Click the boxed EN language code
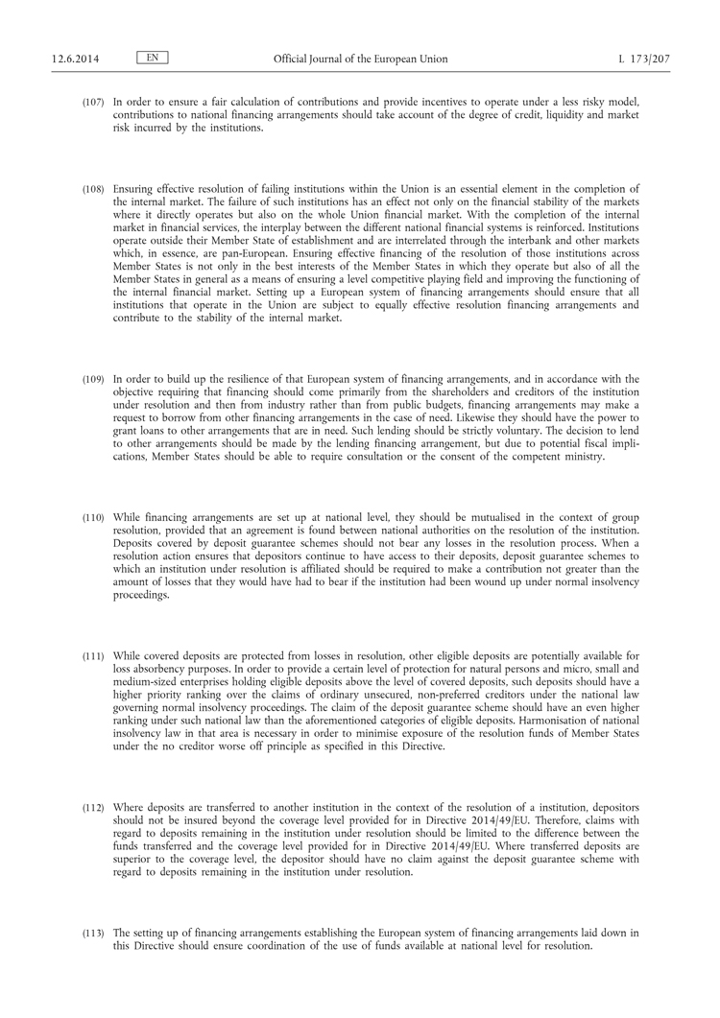coord(153,59)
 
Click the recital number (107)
coord(93,102)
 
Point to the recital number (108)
coord(93,190)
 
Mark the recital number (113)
coord(93,932)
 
